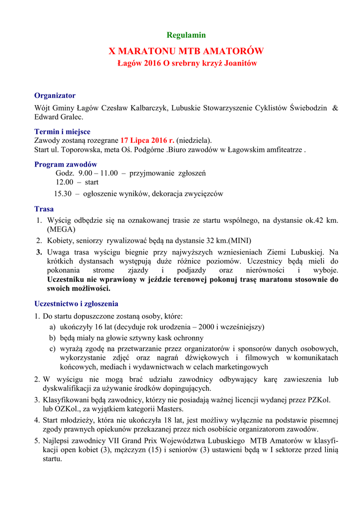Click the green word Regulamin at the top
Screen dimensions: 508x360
pyautogui.click(x=186, y=35)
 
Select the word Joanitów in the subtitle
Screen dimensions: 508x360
pyautogui.click(x=240, y=63)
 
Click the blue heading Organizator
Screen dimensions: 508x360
pyautogui.click(x=55, y=95)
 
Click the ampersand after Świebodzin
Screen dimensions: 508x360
pyautogui.click(x=335, y=108)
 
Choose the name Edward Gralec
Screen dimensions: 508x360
pyautogui.click(x=59, y=117)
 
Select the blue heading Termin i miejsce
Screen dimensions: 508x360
pyautogui.click(x=62, y=131)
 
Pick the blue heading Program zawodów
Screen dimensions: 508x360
pyautogui.click(x=66, y=164)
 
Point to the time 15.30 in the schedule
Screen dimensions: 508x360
pyautogui.click(x=63, y=193)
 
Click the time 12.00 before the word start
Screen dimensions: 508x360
pyautogui.click(x=64, y=183)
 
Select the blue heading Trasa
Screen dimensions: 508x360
pyautogui.click(x=44, y=209)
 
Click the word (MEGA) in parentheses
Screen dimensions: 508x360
pyautogui.click(x=61, y=230)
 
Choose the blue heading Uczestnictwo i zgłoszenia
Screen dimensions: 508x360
pyautogui.click(x=76, y=304)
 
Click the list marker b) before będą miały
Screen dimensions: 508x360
pyautogui.click(x=52, y=338)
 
